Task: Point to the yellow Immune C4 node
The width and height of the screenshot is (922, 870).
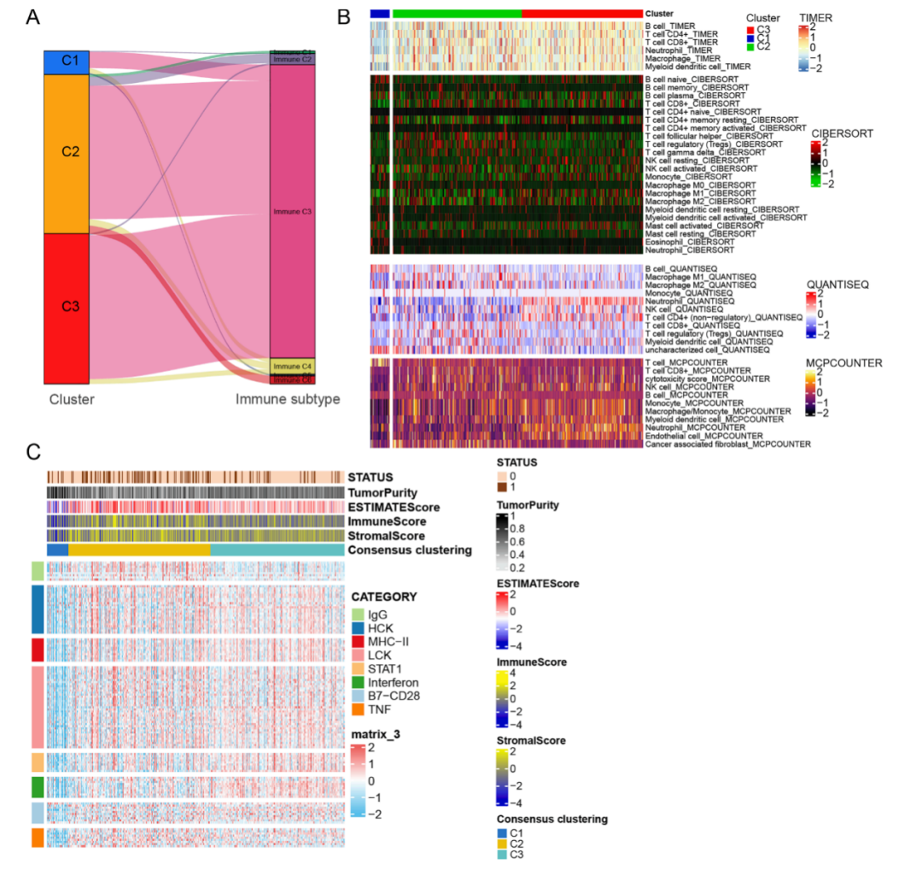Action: [x=293, y=366]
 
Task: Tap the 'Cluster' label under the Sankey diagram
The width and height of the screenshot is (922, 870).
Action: [x=72, y=399]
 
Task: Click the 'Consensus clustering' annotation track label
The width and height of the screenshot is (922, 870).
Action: [x=410, y=550]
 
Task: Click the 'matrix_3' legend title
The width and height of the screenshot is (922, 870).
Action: [x=376, y=734]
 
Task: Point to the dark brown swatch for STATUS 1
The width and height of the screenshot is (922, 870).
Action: [x=503, y=487]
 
